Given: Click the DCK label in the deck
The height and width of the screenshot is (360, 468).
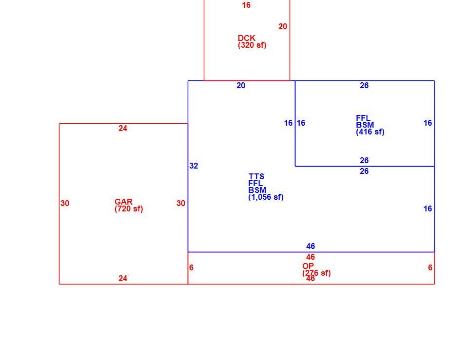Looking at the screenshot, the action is tap(247, 38).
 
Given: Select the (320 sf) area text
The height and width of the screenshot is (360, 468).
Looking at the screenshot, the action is tap(252, 45).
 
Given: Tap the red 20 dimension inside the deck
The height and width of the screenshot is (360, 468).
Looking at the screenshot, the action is tap(283, 26).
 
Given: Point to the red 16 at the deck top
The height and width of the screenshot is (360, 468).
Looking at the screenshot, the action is tap(246, 5).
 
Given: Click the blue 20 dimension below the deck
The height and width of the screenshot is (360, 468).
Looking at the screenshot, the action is tap(241, 86).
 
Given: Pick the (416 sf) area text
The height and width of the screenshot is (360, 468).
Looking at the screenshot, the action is tap(370, 132).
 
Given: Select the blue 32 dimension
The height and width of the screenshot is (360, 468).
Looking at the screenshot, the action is tap(194, 166).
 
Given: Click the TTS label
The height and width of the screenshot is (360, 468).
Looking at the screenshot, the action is tap(256, 176).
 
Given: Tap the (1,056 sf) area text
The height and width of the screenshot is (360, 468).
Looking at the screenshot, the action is tap(266, 197).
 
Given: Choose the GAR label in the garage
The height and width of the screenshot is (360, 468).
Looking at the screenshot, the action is tap(123, 202).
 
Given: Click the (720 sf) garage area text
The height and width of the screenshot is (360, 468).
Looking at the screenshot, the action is tap(129, 209).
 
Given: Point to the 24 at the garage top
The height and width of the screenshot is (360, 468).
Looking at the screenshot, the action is tap(123, 128).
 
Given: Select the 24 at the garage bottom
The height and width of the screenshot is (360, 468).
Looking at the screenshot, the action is tap(123, 278).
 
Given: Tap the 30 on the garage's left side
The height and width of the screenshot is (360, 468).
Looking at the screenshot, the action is tap(65, 204).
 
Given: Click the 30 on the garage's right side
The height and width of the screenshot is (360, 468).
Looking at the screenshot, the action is tap(181, 204).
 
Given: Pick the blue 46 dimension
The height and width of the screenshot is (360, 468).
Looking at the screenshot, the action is tap(311, 246).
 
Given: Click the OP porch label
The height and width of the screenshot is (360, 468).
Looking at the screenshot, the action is tap(308, 266).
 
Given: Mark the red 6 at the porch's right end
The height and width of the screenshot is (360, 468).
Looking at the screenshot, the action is tap(430, 267).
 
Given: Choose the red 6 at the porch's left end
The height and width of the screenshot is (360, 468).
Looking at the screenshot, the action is tap(191, 267).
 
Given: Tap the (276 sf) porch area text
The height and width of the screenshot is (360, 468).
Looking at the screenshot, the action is tap(316, 273).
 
